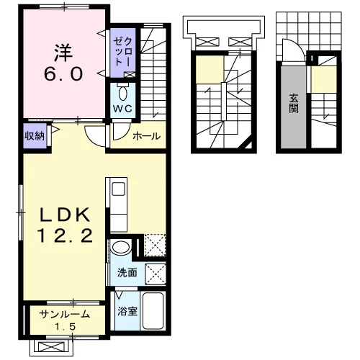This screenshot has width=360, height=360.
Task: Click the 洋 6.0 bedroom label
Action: click(63, 63)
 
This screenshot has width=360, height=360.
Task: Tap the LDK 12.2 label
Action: click(64, 225)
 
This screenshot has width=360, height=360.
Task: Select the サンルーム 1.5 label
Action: click(65, 320)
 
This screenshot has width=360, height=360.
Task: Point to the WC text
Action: click(122, 109)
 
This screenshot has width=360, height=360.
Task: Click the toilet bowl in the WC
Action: click(123, 93)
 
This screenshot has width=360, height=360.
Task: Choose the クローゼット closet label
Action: click(122, 52)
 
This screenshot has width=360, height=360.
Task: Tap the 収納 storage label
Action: click(35, 136)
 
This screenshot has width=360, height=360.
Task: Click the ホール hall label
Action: click(147, 136)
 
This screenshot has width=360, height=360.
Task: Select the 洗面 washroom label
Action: click(127, 273)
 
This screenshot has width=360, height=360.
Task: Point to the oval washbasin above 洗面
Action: click(121, 247)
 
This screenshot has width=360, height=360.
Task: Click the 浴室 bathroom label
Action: click(127, 311)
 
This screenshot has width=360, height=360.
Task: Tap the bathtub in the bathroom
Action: click(153, 311)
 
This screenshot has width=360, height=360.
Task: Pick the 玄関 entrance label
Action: click(294, 104)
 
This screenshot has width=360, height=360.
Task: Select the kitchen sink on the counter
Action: click(118, 189)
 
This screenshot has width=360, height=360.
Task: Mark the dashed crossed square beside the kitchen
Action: click(155, 246)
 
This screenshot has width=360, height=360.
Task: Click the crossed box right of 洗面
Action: click(156, 274)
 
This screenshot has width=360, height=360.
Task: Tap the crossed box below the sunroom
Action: click(52, 347)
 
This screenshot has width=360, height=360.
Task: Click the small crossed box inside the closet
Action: click(130, 75)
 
